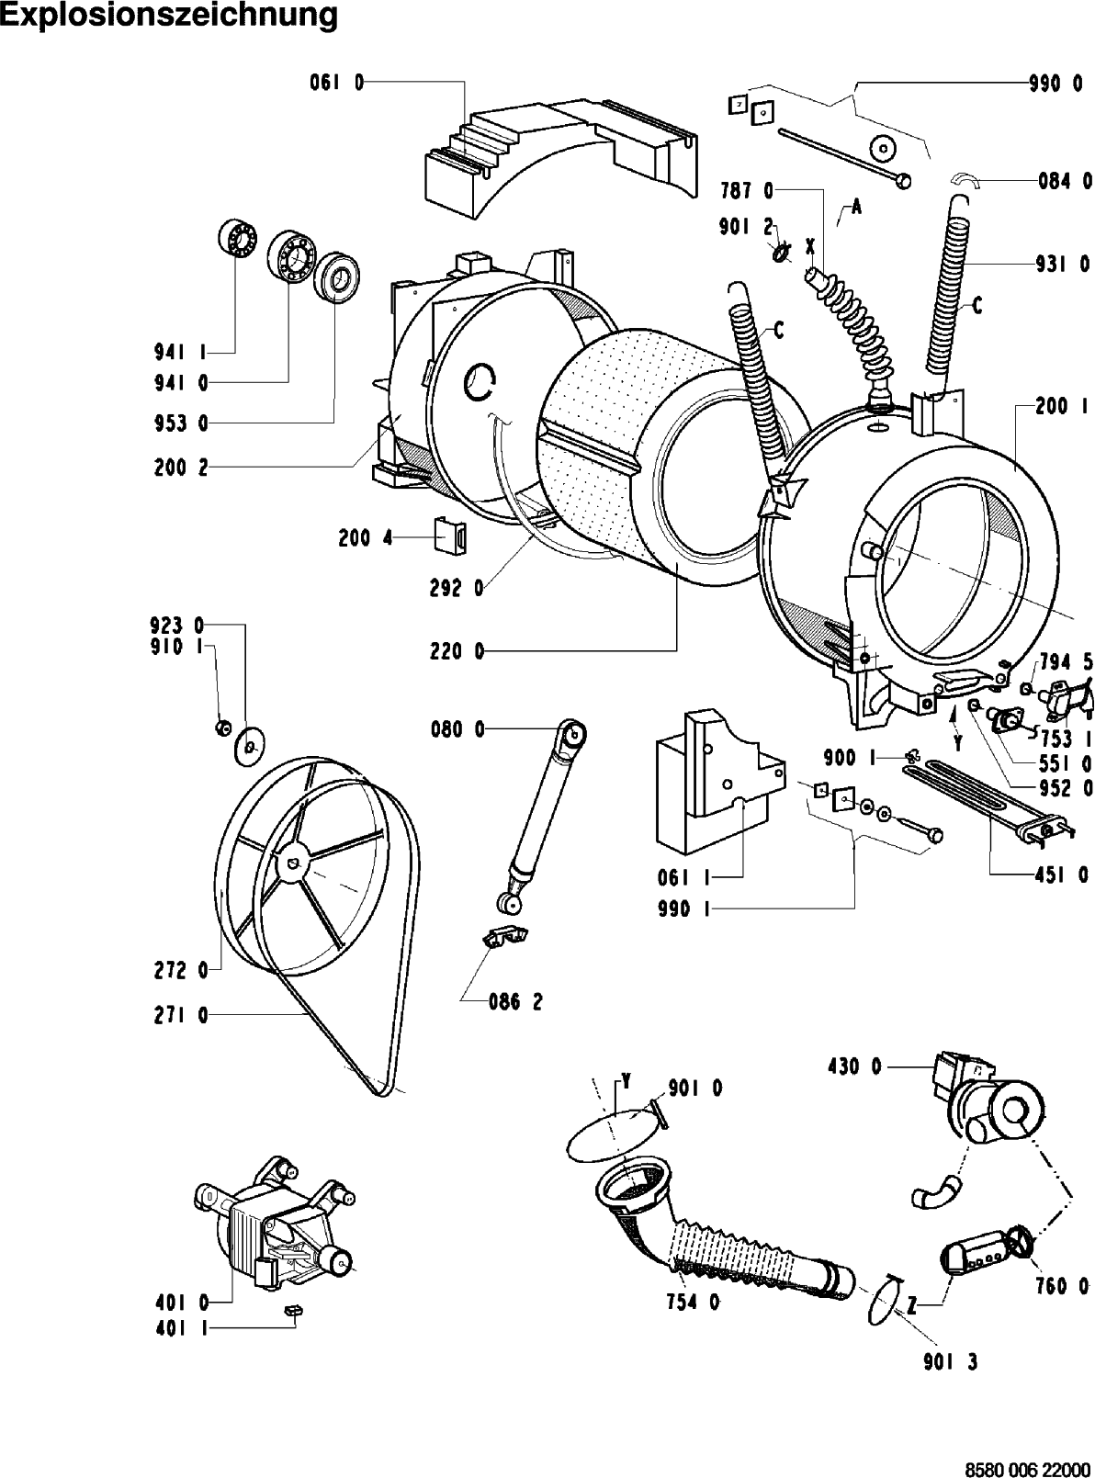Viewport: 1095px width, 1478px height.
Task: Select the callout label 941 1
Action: pyautogui.click(x=180, y=351)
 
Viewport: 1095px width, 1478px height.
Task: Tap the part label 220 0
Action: pyautogui.click(x=456, y=652)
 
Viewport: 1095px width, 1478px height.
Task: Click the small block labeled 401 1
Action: pyautogui.click(x=295, y=1309)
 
